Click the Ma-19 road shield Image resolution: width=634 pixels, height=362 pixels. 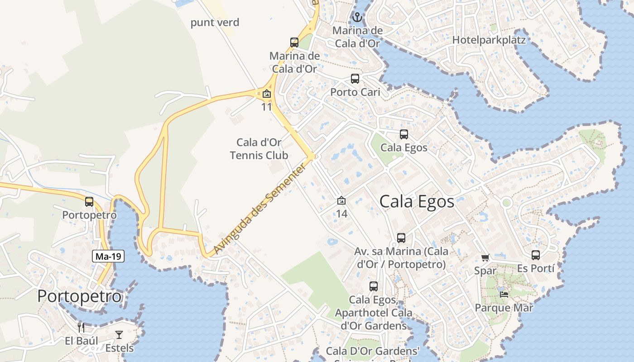pos(109,257)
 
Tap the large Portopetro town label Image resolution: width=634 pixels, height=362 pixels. pos(79,296)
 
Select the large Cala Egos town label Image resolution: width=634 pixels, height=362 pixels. pos(417,201)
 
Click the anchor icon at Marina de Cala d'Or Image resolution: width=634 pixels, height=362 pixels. pos(357,18)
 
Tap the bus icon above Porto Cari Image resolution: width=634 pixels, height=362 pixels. pos(355,79)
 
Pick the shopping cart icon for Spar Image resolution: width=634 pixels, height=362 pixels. pos(485,258)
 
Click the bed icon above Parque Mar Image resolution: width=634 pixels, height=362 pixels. pos(504,294)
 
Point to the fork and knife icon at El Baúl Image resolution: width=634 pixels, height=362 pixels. pos(82,328)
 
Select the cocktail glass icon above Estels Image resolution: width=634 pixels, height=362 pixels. pos(119,335)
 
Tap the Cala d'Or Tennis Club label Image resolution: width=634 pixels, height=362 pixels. pos(259,149)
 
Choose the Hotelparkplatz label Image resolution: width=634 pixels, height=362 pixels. pos(489,40)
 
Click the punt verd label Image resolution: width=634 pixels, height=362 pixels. pos(215,23)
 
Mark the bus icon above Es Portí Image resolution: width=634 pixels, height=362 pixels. pos(536,255)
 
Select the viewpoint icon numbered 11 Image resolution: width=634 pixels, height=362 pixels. pos(267,94)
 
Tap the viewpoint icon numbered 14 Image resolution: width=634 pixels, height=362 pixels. pos(341,200)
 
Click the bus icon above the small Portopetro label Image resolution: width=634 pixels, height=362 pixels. pos(89,202)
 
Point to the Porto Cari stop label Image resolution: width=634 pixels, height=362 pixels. pos(355,92)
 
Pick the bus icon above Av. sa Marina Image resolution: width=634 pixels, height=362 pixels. pos(401,238)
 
